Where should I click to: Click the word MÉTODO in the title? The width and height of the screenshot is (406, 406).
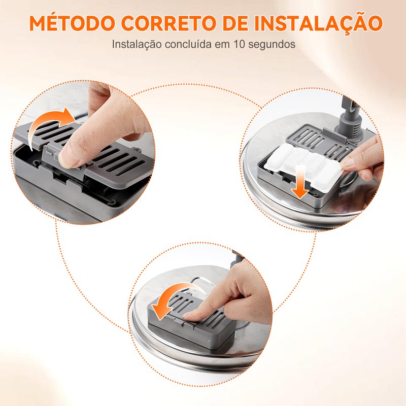(x=72, y=23)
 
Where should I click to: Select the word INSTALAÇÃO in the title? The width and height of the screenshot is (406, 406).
(x=319, y=23)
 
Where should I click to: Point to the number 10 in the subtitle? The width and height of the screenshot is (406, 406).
(x=239, y=44)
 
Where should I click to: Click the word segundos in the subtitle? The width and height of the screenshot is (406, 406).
(x=272, y=45)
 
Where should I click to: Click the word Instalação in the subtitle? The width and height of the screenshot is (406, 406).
(x=137, y=45)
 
